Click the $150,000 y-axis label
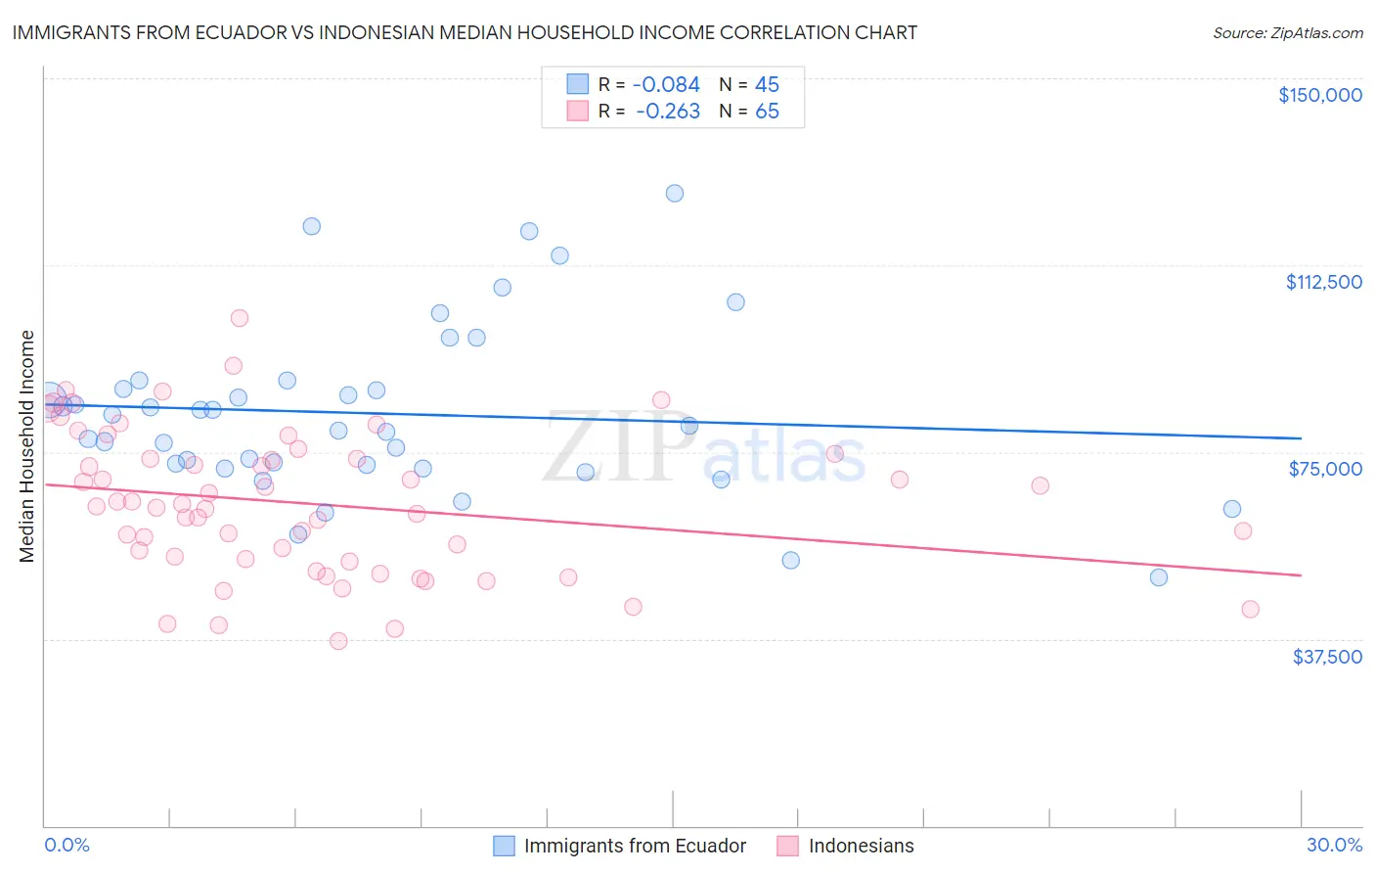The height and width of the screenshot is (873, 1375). point(1319,95)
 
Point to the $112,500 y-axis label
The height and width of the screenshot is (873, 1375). point(1323,282)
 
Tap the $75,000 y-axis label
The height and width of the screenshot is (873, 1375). point(1325,469)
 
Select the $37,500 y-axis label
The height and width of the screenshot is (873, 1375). point(1327,657)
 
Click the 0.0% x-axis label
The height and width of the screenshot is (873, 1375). point(67,845)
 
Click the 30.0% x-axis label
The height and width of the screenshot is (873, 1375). point(1334,845)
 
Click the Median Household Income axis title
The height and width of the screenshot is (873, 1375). point(27,446)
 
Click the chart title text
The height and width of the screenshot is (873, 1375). point(465,32)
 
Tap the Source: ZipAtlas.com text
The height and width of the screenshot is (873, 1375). point(1287,32)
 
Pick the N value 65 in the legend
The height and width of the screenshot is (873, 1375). point(767,112)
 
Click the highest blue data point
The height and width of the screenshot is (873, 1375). point(675,193)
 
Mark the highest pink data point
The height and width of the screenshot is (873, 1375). point(240,318)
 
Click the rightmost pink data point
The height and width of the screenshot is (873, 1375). point(1250,609)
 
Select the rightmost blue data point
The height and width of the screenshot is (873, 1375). point(1232,509)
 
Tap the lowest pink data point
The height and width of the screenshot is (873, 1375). point(338,641)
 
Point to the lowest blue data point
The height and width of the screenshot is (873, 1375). point(1159,577)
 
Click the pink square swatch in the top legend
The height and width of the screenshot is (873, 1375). point(578,112)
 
